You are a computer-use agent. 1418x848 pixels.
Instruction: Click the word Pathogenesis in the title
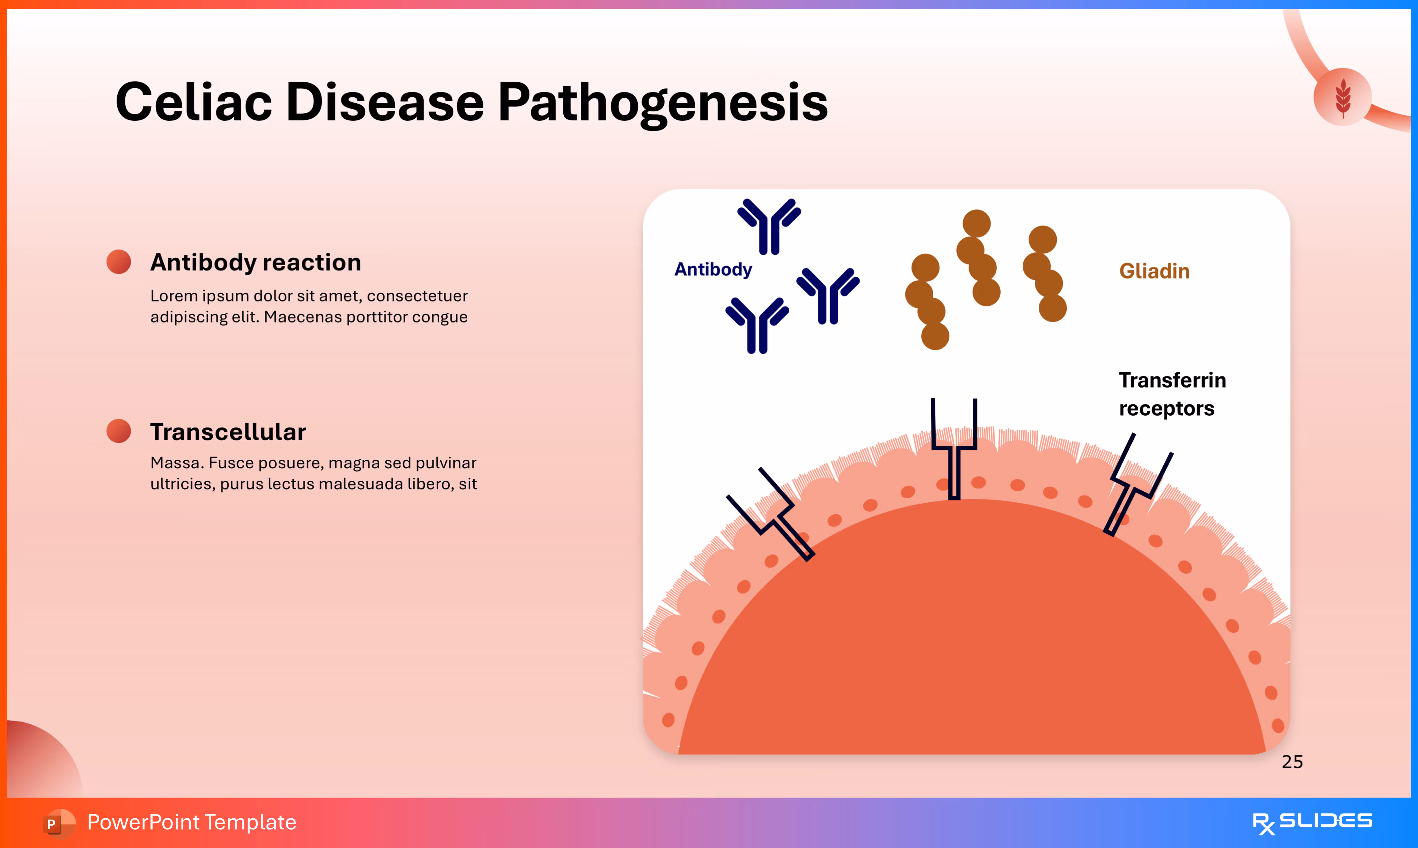662,103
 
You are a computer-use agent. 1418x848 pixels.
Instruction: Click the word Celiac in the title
193,103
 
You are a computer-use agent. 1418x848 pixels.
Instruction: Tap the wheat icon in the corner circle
1343,97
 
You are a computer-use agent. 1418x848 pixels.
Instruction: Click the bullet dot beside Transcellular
119,431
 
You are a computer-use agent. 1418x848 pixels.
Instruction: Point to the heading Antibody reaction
256,262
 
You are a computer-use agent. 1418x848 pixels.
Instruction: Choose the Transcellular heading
228,432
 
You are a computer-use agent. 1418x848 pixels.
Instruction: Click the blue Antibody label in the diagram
713,269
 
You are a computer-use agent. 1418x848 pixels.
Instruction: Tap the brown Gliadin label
1154,271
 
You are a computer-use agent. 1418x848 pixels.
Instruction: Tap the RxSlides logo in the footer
1312,823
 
